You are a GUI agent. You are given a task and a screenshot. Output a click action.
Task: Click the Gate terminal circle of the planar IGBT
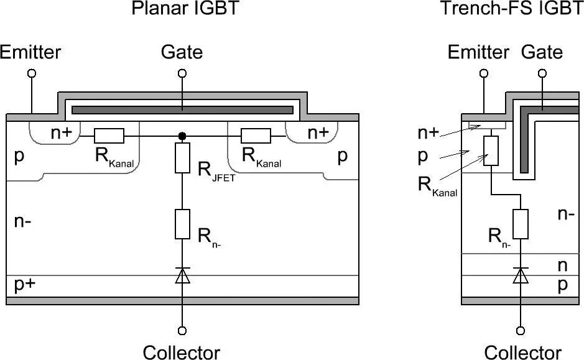pos(182,73)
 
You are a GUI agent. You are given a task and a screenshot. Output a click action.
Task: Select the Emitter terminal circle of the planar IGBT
pos(32,73)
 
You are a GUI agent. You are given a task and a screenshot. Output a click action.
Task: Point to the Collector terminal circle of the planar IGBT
pos(182,331)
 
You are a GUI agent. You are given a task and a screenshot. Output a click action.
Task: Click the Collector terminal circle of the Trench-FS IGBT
pos(521,331)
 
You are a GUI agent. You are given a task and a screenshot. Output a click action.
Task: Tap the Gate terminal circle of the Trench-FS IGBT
pos(542,73)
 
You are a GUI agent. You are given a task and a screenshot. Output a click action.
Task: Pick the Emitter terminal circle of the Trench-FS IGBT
pos(483,73)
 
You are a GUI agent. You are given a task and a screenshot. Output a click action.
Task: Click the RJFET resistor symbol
pos(182,158)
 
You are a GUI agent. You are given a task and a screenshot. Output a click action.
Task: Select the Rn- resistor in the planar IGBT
pos(182,224)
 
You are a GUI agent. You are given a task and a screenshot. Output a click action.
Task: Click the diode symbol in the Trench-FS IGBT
pos(521,275)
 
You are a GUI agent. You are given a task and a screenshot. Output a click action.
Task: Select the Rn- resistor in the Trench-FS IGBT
pos(521,223)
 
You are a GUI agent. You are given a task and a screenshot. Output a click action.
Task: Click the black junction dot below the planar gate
pos(182,136)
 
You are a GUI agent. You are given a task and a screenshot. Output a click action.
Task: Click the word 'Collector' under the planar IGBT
pos(182,352)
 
